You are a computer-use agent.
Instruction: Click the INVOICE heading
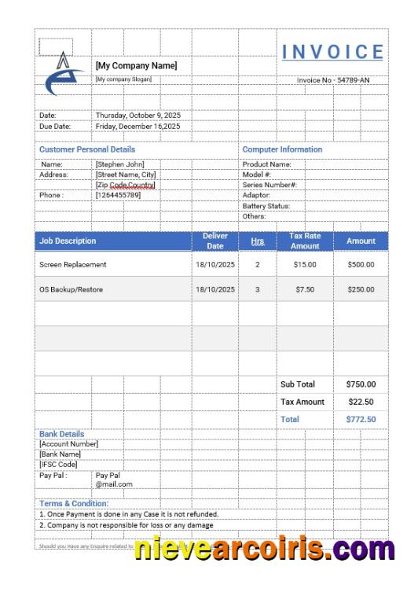pos(332,53)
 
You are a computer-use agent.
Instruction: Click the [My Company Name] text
pos(136,66)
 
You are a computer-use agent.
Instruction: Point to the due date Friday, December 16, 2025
pos(137,126)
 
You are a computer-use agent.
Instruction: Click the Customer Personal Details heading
pos(87,149)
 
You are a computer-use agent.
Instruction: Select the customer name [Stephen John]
pos(119,164)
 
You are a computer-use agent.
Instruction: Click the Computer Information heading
pos(282,149)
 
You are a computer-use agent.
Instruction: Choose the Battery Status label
pos(266,206)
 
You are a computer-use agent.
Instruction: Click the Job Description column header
pos(68,241)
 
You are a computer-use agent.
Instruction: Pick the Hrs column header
pos(257,241)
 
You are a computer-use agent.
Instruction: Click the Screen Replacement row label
pos(72,265)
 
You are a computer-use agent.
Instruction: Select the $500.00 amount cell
pos(361,265)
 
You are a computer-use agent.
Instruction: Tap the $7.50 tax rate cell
pos(305,289)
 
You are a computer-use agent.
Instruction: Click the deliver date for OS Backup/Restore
pos(215,289)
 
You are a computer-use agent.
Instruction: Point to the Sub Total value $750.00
pos(361,384)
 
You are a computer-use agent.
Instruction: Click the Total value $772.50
pos(361,420)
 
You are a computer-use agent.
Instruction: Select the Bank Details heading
pos(61,434)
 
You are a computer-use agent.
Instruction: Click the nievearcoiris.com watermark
pos(264,549)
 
